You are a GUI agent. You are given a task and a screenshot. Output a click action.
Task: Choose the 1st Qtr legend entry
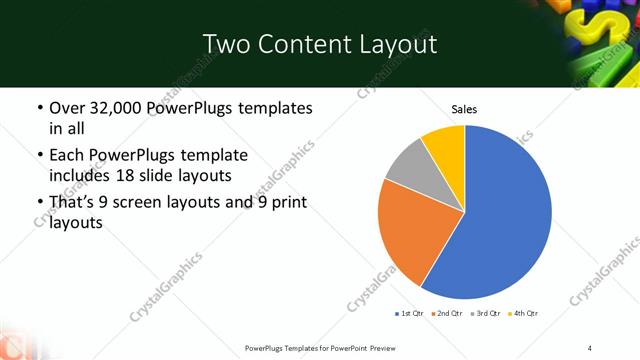click(411, 314)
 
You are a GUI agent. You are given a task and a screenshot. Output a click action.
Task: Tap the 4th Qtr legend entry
click(525, 314)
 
